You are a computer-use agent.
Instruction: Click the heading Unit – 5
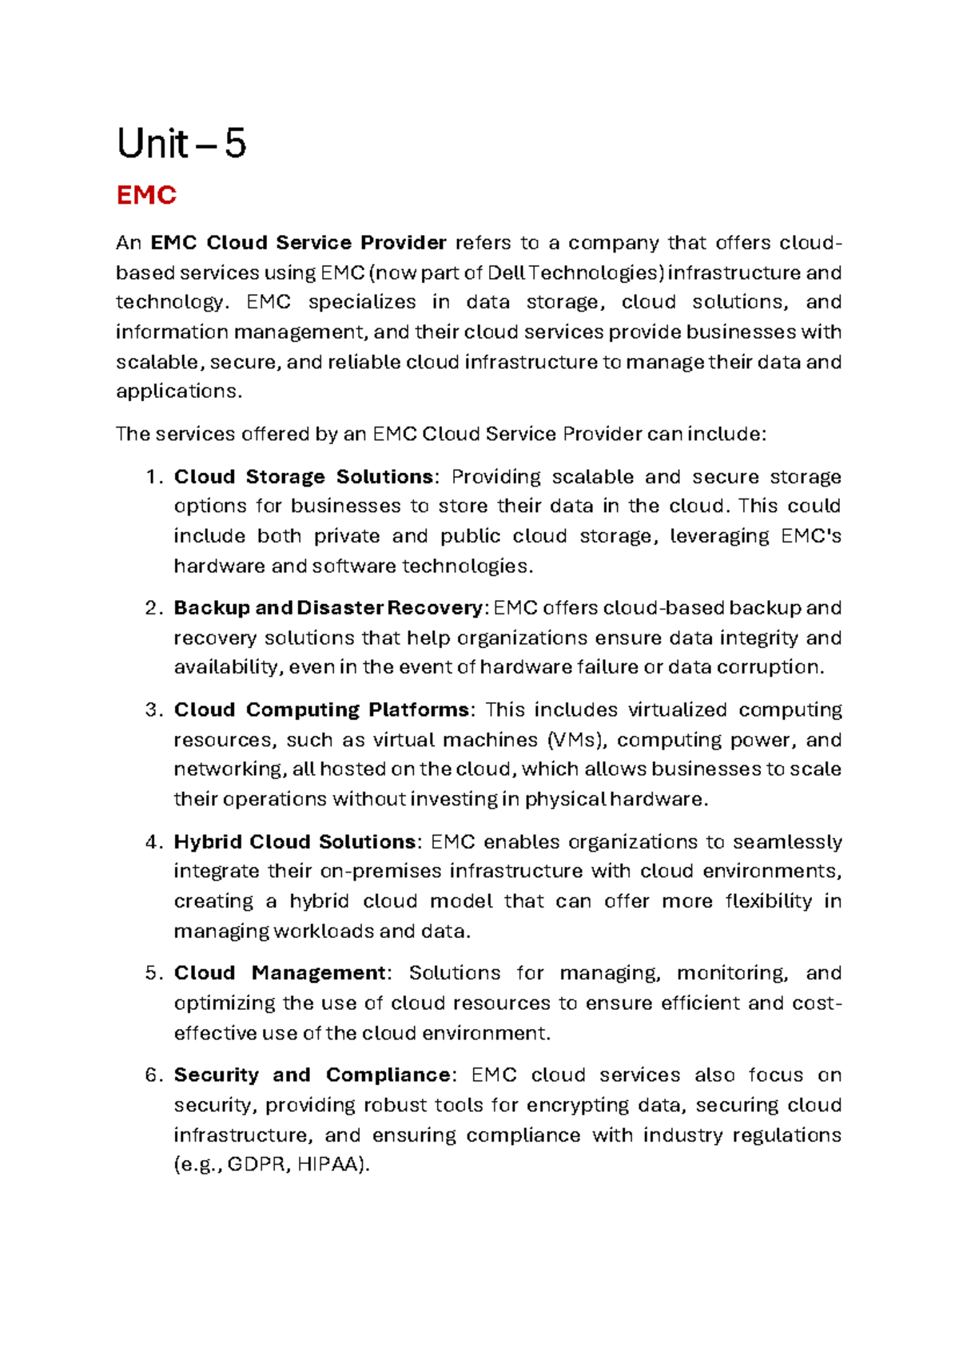(x=181, y=145)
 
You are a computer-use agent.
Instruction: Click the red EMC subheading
(x=146, y=196)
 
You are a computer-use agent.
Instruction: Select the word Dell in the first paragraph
(x=506, y=273)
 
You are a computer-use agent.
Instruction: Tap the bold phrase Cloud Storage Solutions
(x=304, y=477)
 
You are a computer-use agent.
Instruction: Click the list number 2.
(x=153, y=608)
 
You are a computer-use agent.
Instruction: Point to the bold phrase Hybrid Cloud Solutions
(x=295, y=842)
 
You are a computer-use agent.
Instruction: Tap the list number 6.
(x=153, y=1075)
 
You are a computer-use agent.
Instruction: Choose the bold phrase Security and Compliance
(x=312, y=1075)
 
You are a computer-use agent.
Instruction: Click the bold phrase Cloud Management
(x=280, y=973)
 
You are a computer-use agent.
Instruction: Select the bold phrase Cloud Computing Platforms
(x=321, y=710)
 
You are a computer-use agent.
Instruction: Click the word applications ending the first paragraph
(x=177, y=391)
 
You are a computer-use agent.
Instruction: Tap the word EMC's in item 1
(x=810, y=536)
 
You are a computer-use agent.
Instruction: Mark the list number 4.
(x=153, y=842)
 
